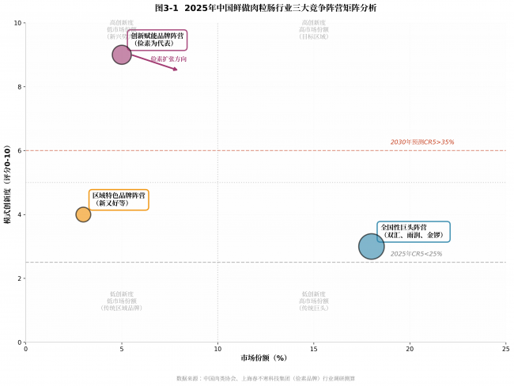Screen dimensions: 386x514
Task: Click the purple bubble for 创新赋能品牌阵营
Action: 122,55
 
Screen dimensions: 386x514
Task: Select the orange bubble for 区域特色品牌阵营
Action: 83,214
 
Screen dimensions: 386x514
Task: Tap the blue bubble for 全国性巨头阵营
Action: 371,246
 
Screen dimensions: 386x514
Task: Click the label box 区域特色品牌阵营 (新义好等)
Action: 119,199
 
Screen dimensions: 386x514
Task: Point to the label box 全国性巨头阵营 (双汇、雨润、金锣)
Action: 414,231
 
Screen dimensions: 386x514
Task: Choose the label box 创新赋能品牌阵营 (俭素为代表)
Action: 157,40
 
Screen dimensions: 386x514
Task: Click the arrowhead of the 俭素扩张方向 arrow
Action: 176,70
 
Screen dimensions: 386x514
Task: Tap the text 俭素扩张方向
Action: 168,59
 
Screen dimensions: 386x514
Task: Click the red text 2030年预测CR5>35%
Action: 422,142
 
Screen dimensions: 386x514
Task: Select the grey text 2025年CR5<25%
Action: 416,254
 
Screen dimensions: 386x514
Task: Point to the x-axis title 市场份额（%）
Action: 264,358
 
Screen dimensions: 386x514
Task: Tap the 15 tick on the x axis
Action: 314,348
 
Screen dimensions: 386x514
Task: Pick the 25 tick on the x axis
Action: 506,348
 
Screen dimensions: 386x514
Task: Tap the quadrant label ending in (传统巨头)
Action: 313,301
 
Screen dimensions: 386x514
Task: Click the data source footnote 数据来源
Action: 266,378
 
